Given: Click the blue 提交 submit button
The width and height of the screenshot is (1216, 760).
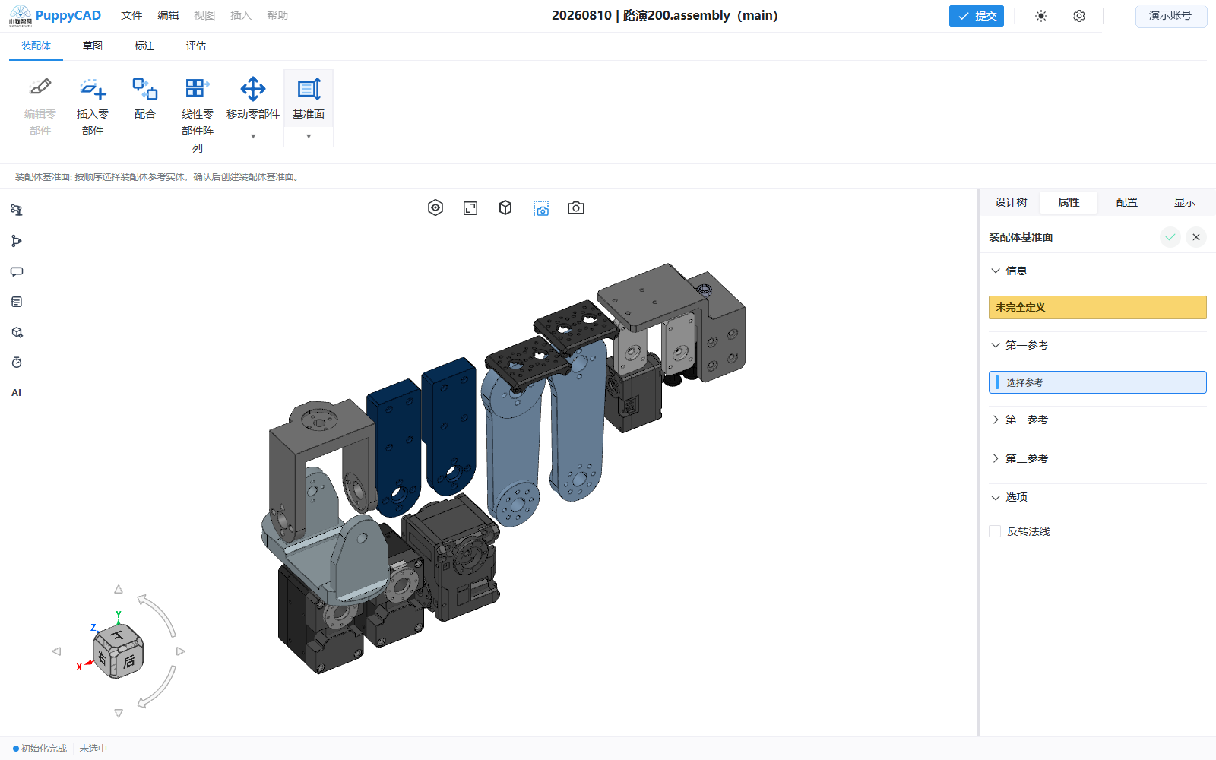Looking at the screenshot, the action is (x=976, y=16).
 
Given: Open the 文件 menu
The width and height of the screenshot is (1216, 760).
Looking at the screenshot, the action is (x=131, y=16).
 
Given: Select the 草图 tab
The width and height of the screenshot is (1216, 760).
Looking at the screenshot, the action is (x=92, y=46).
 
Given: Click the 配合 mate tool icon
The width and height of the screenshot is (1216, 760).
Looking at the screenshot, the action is (x=145, y=88).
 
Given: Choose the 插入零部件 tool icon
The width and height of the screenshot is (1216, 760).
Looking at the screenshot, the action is (x=93, y=88).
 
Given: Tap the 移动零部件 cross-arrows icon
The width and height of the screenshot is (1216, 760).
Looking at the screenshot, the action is (x=253, y=88).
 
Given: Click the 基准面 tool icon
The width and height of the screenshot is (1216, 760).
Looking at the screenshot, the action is (x=309, y=88).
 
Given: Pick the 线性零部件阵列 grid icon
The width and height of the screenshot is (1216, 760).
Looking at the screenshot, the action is (x=197, y=88).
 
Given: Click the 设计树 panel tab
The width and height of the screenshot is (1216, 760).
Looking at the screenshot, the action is (x=1011, y=202).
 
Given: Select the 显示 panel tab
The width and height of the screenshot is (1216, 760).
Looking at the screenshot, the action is (x=1185, y=202).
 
